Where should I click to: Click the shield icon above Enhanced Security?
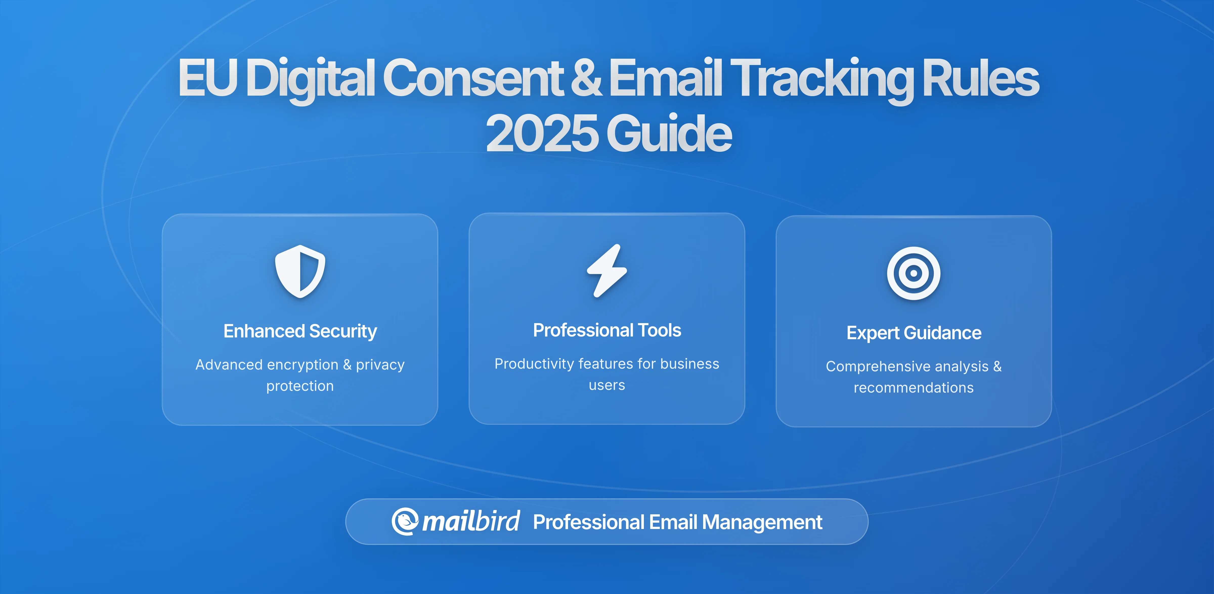point(300,271)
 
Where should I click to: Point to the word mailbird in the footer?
point(471,521)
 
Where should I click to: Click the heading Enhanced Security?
point(300,331)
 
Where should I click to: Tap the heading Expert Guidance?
point(913,333)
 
